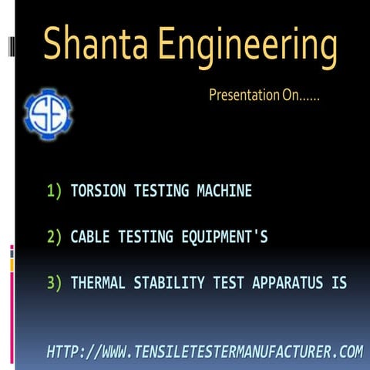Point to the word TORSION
click(96, 190)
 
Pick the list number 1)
click(54, 190)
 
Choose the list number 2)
click(54, 237)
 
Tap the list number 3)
click(54, 284)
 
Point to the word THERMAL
click(96, 284)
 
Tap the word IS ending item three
click(339, 284)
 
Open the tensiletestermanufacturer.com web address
click(204, 352)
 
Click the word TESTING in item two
click(144, 237)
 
